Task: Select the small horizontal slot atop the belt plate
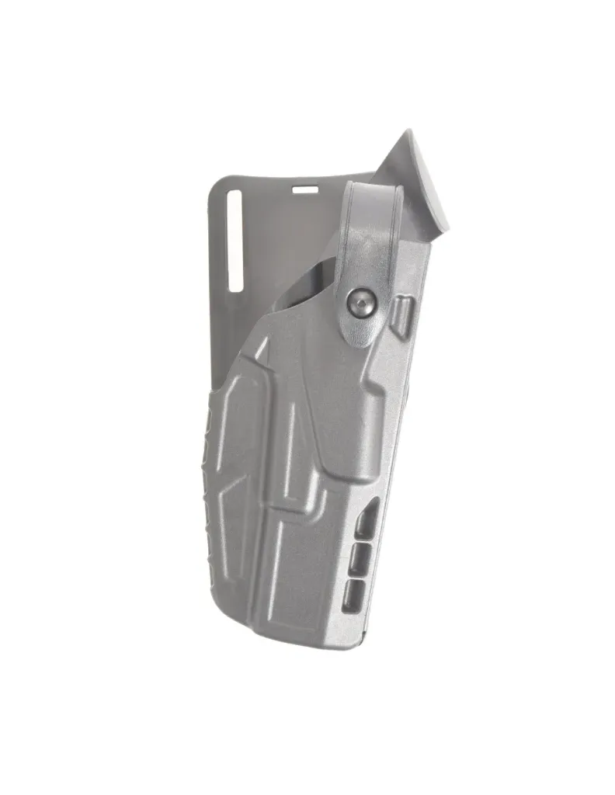click(x=304, y=188)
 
